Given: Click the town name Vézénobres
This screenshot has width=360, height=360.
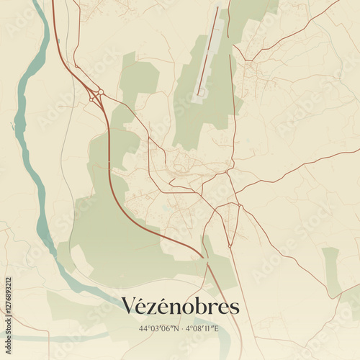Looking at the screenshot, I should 180,307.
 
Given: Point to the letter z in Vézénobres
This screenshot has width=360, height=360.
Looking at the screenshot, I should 155,308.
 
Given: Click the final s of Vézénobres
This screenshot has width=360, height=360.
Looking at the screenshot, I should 234,308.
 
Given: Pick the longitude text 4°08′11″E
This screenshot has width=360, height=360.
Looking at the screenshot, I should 202,328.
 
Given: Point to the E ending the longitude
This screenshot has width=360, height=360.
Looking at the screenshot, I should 216,328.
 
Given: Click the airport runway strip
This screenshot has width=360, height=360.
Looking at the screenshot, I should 210,54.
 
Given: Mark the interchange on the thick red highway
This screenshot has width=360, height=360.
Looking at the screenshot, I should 95,96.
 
